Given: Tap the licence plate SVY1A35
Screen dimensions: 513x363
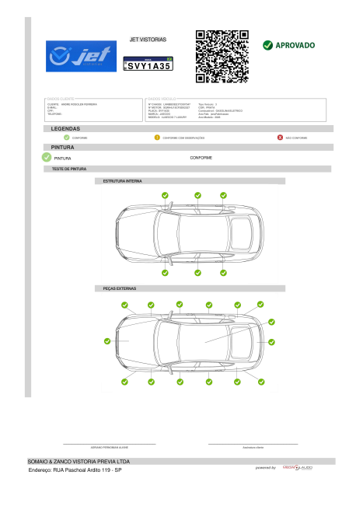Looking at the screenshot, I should [x=148, y=66].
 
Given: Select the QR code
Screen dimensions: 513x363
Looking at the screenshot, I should [x=222, y=56].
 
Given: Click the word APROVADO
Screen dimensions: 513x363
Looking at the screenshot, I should [x=295, y=45].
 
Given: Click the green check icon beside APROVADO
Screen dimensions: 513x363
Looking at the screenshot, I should [x=268, y=45].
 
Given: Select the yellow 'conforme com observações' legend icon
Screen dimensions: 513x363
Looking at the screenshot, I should [x=157, y=138].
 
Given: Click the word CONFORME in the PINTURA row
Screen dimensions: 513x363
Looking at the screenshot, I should [x=201, y=158].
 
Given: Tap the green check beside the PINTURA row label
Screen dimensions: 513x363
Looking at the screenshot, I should [x=47, y=157].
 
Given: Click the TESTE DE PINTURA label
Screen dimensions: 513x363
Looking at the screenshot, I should [x=69, y=169].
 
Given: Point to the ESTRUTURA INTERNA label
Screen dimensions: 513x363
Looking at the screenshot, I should [x=123, y=181].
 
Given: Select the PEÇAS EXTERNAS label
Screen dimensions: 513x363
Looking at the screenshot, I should [x=120, y=288].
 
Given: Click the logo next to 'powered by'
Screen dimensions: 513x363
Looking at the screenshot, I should [x=298, y=468].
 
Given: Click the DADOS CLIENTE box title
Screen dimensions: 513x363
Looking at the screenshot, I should [x=63, y=99].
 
